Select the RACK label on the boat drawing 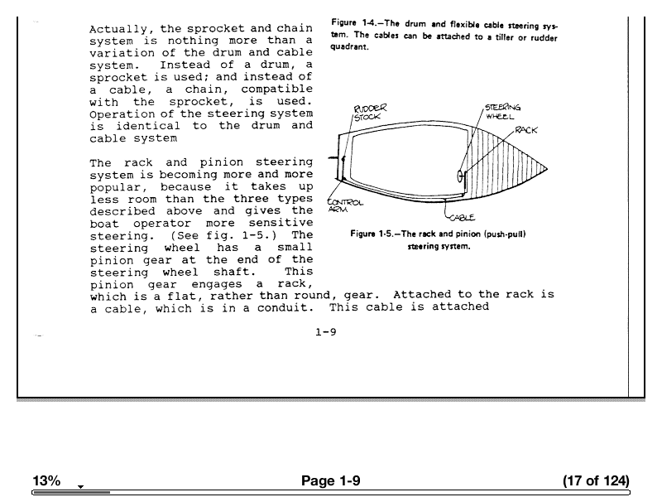[526, 130]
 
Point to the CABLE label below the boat [461, 218]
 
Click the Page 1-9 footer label [331, 481]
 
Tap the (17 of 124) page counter [595, 481]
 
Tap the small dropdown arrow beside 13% [80, 486]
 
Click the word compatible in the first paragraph [270, 89]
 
